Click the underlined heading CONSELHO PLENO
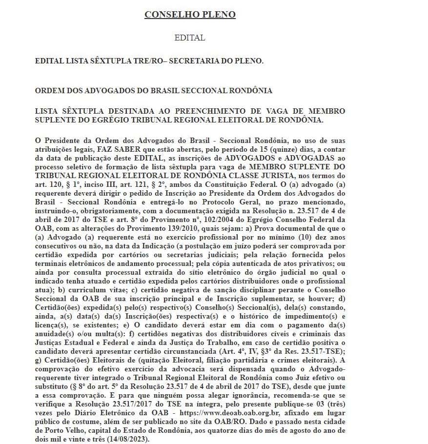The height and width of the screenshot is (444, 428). [190, 15]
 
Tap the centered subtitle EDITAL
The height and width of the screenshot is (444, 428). [190, 38]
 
